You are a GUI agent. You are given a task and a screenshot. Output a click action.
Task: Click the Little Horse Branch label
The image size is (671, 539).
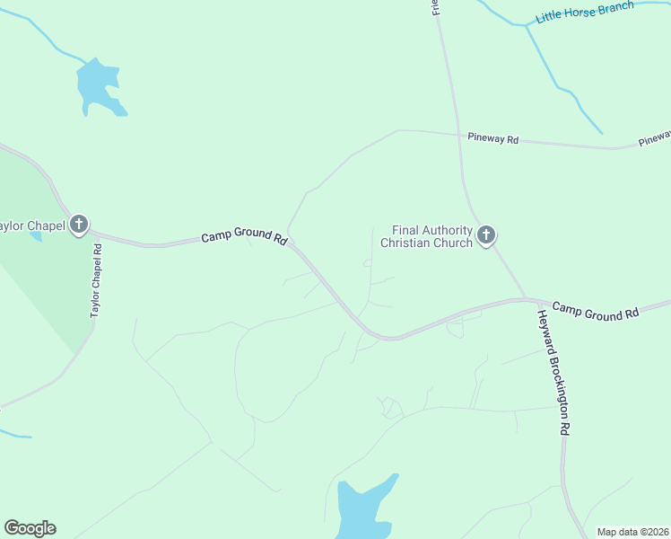coord(584,12)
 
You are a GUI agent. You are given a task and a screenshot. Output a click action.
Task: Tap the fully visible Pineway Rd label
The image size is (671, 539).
coord(493,139)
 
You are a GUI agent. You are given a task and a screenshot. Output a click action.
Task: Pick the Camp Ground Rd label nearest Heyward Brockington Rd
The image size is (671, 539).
coord(595,311)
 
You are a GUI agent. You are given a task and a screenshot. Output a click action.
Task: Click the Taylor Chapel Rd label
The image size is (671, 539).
coord(96,283)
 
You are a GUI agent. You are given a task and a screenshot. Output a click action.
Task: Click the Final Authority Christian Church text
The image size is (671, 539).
coord(426,237)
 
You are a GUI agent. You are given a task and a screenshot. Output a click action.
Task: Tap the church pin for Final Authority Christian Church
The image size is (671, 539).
coord(486,235)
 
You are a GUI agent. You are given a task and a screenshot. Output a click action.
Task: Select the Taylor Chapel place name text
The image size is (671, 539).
coord(32,225)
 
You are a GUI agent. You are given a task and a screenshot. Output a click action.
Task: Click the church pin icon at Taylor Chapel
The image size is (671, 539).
coord(79,224)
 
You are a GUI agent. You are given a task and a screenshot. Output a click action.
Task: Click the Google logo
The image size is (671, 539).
coord(30,528)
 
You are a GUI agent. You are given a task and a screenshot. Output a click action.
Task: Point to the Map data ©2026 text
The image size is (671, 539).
coord(632,532)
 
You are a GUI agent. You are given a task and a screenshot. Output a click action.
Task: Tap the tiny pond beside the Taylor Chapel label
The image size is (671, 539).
coord(35,237)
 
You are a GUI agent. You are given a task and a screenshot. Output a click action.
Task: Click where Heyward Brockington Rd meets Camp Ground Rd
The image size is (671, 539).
coord(529,300)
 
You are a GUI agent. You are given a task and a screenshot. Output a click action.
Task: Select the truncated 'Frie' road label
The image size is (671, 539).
coord(435,8)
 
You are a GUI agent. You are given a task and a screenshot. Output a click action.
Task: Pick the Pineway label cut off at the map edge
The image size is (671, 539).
coord(655,137)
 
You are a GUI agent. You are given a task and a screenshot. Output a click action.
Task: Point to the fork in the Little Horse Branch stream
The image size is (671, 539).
coord(527,25)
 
